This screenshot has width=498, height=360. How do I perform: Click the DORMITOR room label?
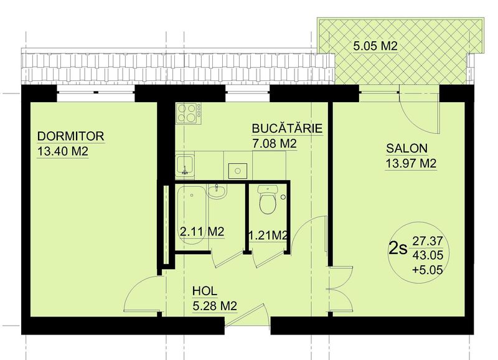point(70,136)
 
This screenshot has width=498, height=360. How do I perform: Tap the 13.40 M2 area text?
point(63,151)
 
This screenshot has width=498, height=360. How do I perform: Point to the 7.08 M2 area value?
point(274,144)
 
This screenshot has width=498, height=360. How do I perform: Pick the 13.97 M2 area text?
point(411,164)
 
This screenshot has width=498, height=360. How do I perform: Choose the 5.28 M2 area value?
point(215,306)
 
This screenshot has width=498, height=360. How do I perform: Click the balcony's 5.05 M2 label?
point(375,46)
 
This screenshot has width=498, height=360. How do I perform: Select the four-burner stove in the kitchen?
point(189,113)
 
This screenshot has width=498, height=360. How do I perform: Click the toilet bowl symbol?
point(268,199)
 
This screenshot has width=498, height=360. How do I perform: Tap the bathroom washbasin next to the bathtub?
point(217,191)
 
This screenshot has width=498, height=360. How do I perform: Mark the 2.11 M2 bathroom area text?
point(202,231)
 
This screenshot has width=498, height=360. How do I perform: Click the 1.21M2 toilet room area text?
point(268,235)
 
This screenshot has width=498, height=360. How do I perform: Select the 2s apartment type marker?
point(398,249)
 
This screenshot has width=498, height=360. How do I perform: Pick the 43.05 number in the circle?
point(428,255)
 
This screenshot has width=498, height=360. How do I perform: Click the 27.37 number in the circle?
point(428,240)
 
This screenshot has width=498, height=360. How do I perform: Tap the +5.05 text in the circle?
point(428,270)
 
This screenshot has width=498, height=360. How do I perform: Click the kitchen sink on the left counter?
point(185,165)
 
